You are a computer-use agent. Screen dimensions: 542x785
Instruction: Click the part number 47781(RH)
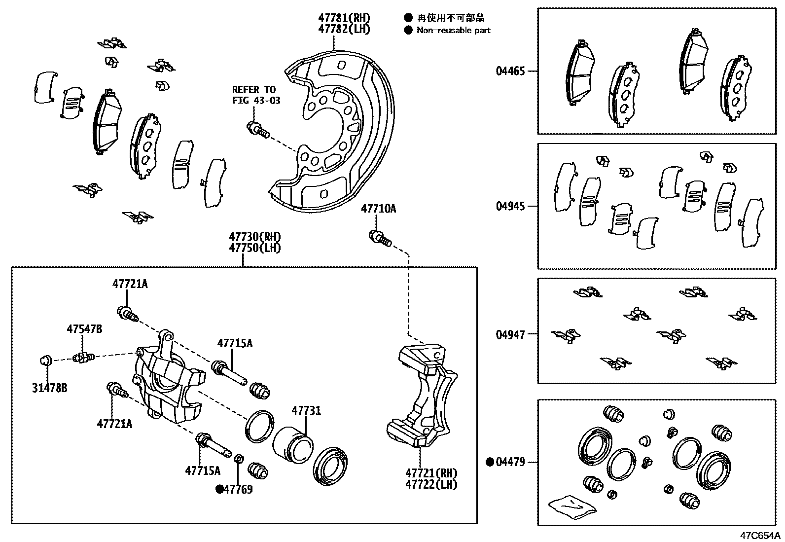(344, 18)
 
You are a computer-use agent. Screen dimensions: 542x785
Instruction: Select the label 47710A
(378, 209)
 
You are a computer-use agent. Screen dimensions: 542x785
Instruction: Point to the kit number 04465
(510, 71)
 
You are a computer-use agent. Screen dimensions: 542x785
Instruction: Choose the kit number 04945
(510, 206)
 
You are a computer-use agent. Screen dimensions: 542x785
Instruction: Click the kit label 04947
(510, 334)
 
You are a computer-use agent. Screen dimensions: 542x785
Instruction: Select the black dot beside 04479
(490, 462)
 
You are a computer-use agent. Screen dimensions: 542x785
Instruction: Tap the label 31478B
(49, 388)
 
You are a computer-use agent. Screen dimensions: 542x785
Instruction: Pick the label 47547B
(84, 329)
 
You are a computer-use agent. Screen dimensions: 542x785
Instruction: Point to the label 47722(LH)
(431, 485)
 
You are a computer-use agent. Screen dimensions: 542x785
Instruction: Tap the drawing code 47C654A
(759, 535)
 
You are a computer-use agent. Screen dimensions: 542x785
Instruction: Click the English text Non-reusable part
(453, 30)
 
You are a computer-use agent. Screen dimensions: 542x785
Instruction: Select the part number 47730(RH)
(254, 237)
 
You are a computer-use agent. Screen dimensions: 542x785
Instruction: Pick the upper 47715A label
(235, 343)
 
